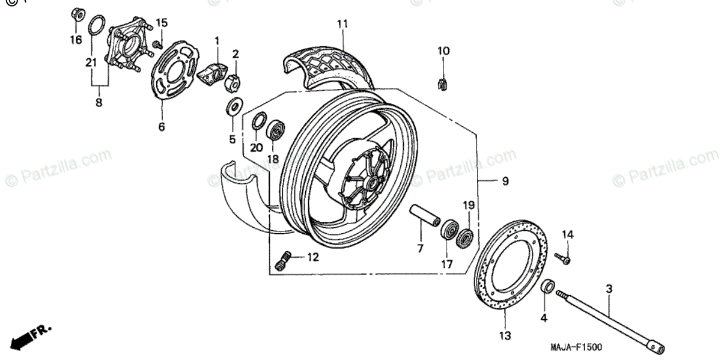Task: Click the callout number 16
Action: (x=75, y=40)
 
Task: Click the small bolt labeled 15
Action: (x=157, y=44)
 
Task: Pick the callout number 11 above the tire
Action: (x=342, y=24)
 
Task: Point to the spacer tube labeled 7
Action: (x=424, y=217)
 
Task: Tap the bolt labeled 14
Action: (x=565, y=259)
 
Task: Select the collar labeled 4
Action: (x=548, y=287)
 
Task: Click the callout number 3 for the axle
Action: (x=609, y=290)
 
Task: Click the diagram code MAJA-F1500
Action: (x=576, y=347)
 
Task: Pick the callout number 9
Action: (x=505, y=180)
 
